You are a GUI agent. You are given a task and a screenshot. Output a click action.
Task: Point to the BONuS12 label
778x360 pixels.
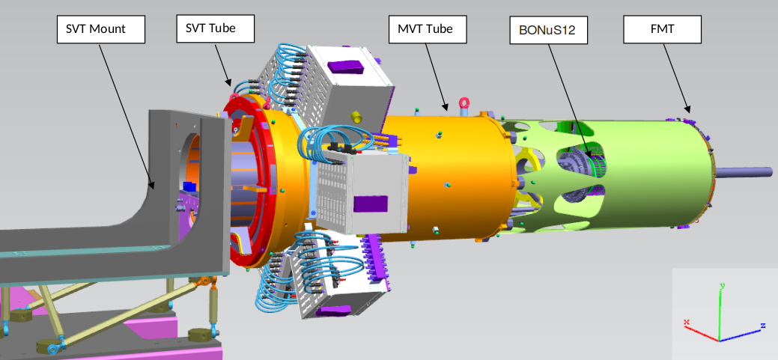tap(547, 31)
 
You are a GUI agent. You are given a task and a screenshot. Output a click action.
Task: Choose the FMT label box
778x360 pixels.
tap(662, 31)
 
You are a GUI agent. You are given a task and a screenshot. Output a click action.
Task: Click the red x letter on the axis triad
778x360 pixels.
tap(686, 323)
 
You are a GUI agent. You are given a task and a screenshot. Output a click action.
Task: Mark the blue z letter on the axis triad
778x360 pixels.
tap(762, 326)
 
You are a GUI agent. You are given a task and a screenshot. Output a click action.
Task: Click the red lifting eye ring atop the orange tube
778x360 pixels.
tap(465, 103)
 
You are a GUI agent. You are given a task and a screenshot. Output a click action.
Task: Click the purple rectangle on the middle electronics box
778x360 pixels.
tap(371, 204)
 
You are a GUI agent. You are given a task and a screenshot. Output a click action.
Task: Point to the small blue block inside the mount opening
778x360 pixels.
tap(189, 186)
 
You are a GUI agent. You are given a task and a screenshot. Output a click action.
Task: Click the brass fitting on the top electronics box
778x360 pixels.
tap(357, 117)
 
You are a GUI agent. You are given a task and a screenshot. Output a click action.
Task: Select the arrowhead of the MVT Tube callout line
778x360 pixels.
tap(447, 110)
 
